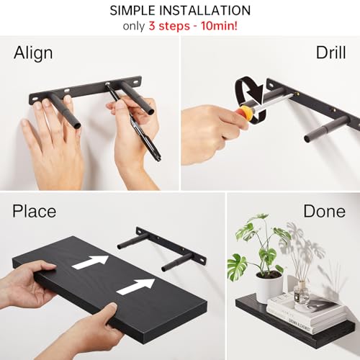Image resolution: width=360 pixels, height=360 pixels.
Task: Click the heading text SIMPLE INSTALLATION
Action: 180,11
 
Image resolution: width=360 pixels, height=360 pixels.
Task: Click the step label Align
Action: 33,53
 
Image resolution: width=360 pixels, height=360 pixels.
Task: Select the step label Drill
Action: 330,53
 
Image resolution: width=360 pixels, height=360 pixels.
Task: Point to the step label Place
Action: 35,211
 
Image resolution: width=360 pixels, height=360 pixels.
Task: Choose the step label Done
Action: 324,211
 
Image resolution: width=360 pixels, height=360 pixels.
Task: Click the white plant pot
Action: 268,286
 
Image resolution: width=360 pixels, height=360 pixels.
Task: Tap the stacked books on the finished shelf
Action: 302,310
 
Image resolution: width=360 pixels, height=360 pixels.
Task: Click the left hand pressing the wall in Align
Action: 50,148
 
